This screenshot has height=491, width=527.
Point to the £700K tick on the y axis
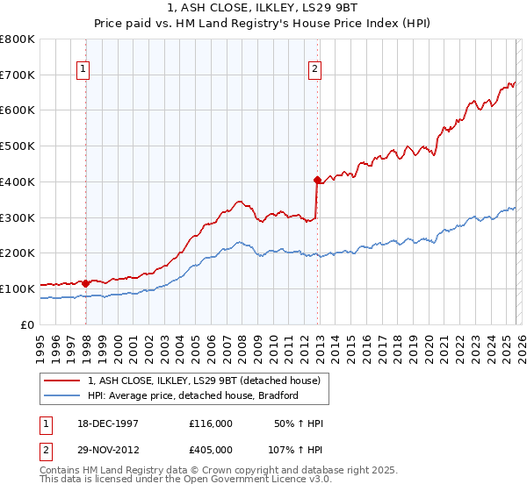click(x=18, y=75)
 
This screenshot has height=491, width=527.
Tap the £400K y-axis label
click(x=18, y=181)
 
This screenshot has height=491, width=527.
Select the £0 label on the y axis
click(x=28, y=324)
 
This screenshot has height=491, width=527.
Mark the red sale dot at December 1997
click(x=86, y=283)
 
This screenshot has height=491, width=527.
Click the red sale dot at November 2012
click(x=317, y=180)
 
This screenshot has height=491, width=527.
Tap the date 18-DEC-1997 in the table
click(x=107, y=423)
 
